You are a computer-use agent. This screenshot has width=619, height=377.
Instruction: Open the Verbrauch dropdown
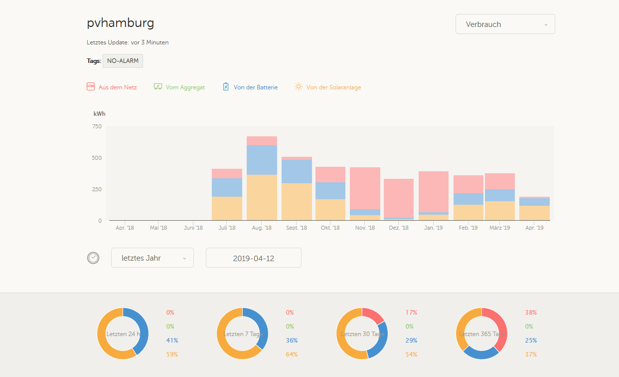click(505, 24)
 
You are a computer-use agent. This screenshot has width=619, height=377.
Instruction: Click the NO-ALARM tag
click(123, 61)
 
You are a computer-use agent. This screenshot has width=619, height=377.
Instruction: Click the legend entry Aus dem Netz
click(112, 87)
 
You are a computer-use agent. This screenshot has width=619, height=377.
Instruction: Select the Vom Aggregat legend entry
click(179, 87)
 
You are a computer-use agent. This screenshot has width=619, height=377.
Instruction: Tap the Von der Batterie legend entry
click(250, 87)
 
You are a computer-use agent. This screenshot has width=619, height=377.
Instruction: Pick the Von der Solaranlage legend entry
click(328, 87)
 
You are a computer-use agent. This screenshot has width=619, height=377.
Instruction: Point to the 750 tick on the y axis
click(97, 126)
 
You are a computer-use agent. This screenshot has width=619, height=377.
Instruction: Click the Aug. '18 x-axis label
click(262, 228)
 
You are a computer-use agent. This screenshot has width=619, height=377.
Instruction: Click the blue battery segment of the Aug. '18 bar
click(262, 160)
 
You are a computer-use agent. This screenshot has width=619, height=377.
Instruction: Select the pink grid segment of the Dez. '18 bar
click(399, 198)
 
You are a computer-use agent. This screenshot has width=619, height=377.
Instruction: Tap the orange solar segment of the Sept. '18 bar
click(297, 202)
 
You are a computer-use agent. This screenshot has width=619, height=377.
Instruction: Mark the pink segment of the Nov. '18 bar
click(365, 188)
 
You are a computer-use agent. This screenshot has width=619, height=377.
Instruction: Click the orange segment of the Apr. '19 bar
click(534, 213)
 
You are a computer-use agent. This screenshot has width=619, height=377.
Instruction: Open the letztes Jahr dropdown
click(153, 258)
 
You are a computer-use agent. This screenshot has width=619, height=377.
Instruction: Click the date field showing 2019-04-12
click(253, 258)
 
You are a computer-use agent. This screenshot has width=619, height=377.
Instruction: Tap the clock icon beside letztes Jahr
click(93, 258)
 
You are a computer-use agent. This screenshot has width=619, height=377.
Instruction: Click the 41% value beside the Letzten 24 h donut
click(172, 341)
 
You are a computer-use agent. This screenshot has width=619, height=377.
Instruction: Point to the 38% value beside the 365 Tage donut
click(531, 313)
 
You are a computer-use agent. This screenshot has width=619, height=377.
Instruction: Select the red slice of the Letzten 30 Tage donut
click(374, 315)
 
